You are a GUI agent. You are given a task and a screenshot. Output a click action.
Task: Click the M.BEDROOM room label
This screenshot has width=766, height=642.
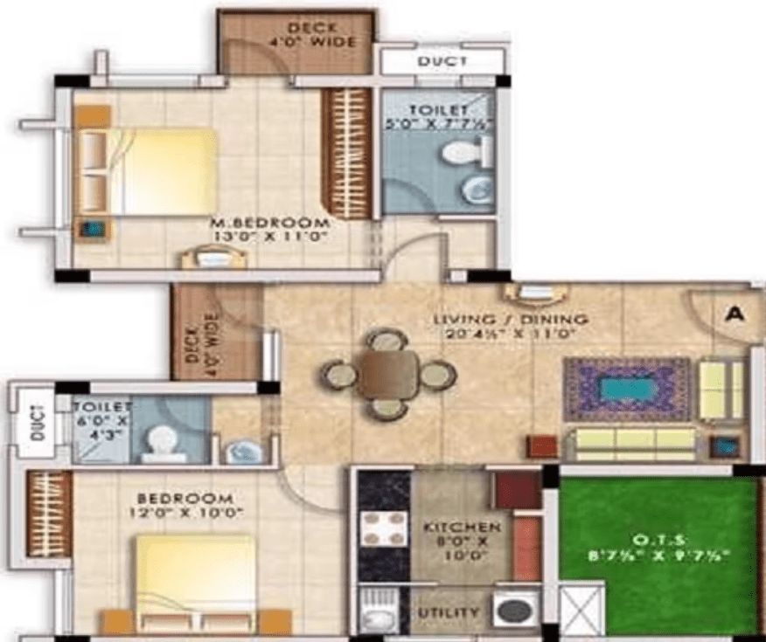click(x=269, y=223)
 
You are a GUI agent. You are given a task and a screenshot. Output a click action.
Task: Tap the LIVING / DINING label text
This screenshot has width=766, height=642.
click(x=510, y=320)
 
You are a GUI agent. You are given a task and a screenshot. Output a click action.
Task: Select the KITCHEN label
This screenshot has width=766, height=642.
click(x=462, y=528)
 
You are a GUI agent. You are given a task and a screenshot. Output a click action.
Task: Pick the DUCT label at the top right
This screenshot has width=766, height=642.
click(x=442, y=61)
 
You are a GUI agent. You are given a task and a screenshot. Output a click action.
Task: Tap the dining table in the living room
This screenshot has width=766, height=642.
click(x=388, y=374)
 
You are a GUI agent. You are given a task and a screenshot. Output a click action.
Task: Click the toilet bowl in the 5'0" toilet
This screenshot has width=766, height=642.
click(x=460, y=155)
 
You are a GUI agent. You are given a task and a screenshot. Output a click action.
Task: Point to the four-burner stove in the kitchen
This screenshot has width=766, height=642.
click(x=384, y=528)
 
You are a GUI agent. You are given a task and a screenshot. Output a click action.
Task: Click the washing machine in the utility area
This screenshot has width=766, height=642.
click(x=514, y=610)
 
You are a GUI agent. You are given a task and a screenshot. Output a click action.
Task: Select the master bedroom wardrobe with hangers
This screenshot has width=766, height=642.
click(x=346, y=154)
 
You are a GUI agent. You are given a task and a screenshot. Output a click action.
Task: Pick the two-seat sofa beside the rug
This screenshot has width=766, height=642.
click(x=721, y=389)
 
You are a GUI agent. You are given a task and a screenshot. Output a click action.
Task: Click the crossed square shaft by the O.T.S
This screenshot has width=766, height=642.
click(x=581, y=610)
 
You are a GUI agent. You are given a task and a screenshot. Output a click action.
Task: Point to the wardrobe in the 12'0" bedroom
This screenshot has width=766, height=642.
click(x=49, y=514)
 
